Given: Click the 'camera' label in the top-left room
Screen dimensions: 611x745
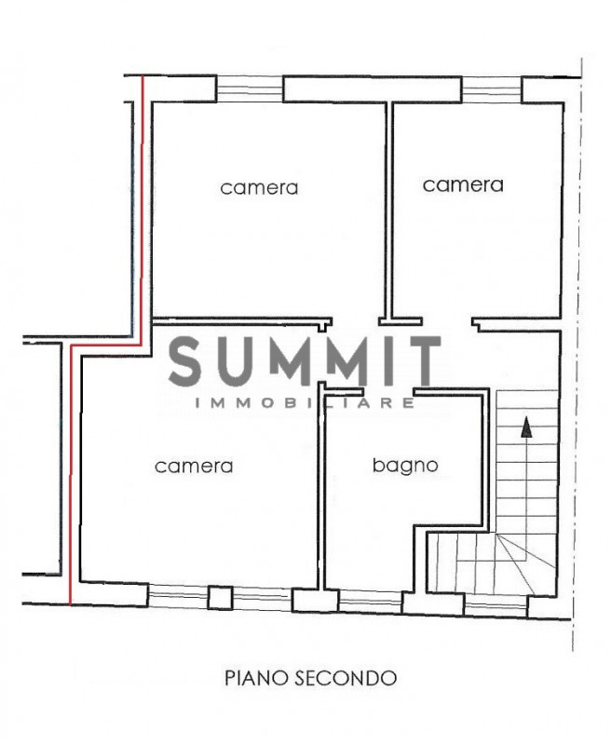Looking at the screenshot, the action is (x=259, y=188).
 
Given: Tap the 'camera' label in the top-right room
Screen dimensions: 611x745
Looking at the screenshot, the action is (x=463, y=184).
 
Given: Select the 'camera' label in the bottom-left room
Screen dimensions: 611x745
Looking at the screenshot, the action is (x=194, y=467).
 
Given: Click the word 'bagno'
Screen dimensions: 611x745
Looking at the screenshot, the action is (x=405, y=466).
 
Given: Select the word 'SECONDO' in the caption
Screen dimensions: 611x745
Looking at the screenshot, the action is (x=346, y=678).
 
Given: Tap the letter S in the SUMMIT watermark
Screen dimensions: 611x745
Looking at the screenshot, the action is (x=185, y=360).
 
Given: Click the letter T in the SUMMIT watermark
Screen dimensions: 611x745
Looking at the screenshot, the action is (x=421, y=360).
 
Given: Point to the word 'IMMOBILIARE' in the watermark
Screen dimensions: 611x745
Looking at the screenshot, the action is (x=305, y=403).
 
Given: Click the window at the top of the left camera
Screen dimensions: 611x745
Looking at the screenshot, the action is (x=250, y=88).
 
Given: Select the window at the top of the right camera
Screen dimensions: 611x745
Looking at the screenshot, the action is (x=492, y=89).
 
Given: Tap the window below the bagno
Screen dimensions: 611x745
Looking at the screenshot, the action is (x=370, y=602).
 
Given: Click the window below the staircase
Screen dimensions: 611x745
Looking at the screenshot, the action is (x=496, y=605).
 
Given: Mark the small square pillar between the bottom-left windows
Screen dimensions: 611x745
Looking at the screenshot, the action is (x=221, y=598).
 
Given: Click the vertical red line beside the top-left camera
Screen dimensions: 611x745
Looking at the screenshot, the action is (x=143, y=209).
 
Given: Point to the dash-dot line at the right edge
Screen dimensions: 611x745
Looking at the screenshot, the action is (x=578, y=354).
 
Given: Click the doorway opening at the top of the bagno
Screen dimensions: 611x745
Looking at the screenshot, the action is (x=388, y=392).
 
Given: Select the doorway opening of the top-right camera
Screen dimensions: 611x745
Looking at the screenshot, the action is (x=447, y=321).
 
